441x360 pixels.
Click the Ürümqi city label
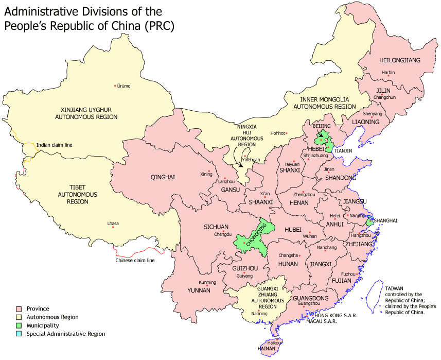pos(125,86)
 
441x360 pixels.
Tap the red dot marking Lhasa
pos(113,228)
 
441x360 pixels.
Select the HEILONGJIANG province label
pos(400,60)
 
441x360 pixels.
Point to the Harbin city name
pos(388,73)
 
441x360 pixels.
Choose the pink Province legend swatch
pos(19,308)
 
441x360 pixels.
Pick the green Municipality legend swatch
pos(19,325)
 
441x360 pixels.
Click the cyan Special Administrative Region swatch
pos(19,334)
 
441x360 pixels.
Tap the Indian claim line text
pos(54,145)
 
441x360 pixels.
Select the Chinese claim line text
pos(135,260)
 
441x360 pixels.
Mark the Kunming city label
pos(207,282)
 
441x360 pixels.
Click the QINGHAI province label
pos(163,177)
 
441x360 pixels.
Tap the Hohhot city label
pos(277,133)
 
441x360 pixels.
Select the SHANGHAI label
pos(386,220)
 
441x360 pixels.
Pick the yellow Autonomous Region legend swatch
pos(19,317)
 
